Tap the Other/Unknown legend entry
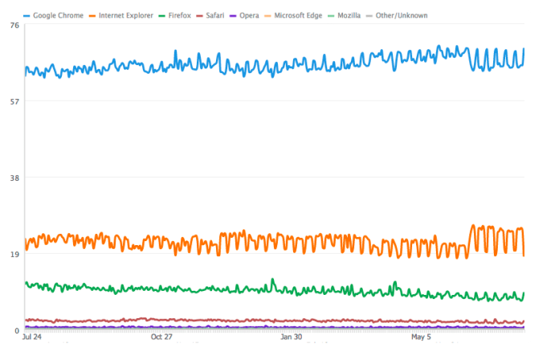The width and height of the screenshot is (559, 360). pyautogui.click(x=402, y=15)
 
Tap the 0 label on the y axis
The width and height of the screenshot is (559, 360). pyautogui.click(x=16, y=330)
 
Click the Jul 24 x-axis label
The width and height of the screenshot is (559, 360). pyautogui.click(x=32, y=338)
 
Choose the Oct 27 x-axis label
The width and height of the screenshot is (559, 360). pyautogui.click(x=162, y=338)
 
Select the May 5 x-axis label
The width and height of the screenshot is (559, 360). pyautogui.click(x=421, y=338)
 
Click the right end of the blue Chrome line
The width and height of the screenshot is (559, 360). pyautogui.click(x=524, y=49)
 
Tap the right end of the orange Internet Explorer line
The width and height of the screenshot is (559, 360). pyautogui.click(x=524, y=256)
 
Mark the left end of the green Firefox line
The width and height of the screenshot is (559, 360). pyautogui.click(x=26, y=283)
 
